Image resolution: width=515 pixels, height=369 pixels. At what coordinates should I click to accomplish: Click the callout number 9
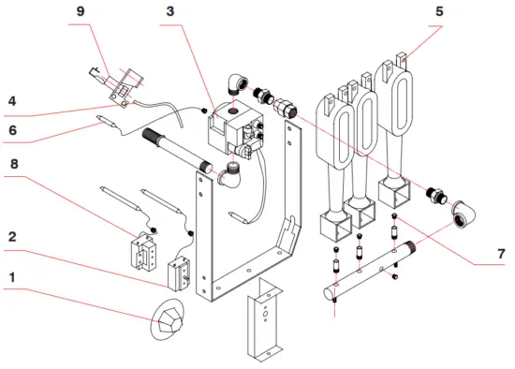pos(81,11)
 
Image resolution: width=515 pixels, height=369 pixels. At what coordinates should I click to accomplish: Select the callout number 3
pos(170,11)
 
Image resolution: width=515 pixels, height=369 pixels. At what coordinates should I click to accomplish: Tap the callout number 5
pos(439,11)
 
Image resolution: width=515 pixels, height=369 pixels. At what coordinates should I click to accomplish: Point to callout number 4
pos(12,101)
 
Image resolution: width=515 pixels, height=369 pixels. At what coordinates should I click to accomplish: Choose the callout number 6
pos(12,130)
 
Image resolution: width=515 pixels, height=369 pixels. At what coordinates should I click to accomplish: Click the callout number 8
pos(14,164)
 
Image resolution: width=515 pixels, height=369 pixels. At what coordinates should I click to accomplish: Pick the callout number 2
pos(12,237)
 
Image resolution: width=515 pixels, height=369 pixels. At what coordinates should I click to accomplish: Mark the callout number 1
pos(12,277)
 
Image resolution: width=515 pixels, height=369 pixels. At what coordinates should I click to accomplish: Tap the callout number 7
pos(501,254)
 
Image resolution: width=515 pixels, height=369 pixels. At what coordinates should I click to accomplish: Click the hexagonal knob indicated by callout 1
pos(168,319)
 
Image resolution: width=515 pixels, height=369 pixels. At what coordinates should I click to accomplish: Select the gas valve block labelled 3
pos(235,131)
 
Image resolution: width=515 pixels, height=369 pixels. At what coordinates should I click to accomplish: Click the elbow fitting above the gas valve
pos(238,83)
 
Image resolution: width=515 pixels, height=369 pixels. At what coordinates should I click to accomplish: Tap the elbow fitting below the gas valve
pos(230,176)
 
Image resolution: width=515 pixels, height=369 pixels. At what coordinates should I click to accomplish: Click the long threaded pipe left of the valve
pos(177,149)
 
